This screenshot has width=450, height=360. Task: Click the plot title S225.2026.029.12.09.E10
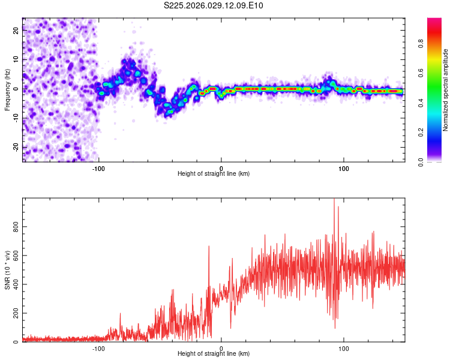point(214,6)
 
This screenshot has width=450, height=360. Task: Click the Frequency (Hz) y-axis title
point(7,90)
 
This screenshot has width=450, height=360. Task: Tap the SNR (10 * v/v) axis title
point(7,271)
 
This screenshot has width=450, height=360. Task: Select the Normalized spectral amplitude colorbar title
point(446,90)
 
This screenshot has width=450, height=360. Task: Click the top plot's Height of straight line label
point(214,173)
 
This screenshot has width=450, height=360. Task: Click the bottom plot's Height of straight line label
point(214,353)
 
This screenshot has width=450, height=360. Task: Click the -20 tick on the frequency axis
point(16,148)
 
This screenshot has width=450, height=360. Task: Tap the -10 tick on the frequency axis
point(16,118)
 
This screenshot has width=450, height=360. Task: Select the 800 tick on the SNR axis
point(14,226)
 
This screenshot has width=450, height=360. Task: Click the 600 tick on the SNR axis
point(14,255)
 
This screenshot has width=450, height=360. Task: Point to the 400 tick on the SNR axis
point(14,284)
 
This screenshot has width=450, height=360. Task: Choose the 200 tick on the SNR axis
point(14,313)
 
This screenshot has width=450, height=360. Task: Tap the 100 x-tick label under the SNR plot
point(344,347)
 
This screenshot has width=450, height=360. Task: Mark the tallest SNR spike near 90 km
point(334,200)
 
